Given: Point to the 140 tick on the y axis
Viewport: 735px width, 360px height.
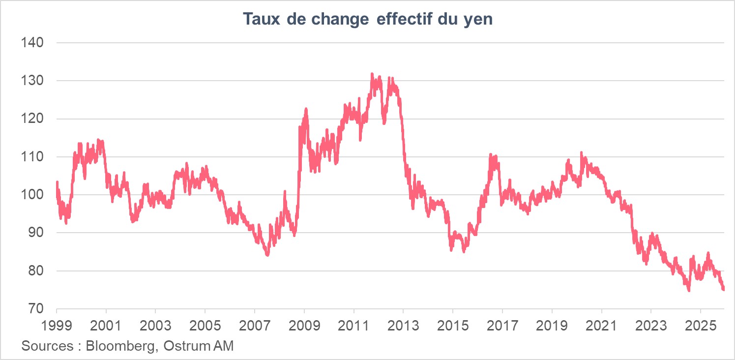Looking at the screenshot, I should click(33, 43).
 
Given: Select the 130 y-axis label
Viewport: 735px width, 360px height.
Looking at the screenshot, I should click(33, 81).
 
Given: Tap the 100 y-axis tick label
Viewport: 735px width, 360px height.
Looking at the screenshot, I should click(33, 195).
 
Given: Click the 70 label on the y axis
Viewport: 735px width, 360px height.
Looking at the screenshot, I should click(36, 309).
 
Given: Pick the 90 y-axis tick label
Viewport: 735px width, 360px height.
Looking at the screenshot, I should click(36, 233).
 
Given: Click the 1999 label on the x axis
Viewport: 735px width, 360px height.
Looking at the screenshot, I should click(57, 325).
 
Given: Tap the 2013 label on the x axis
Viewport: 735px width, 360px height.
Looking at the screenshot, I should click(403, 325).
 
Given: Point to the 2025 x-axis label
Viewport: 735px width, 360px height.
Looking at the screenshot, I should click(700, 325).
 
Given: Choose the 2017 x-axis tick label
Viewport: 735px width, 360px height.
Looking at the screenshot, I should click(502, 325).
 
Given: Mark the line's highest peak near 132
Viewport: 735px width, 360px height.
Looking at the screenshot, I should click(372, 74).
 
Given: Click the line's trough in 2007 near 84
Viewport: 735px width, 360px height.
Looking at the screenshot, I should click(267, 255).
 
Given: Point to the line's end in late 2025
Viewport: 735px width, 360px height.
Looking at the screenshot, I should click(723, 289).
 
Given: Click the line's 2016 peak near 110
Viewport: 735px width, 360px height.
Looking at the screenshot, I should click(490, 155).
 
